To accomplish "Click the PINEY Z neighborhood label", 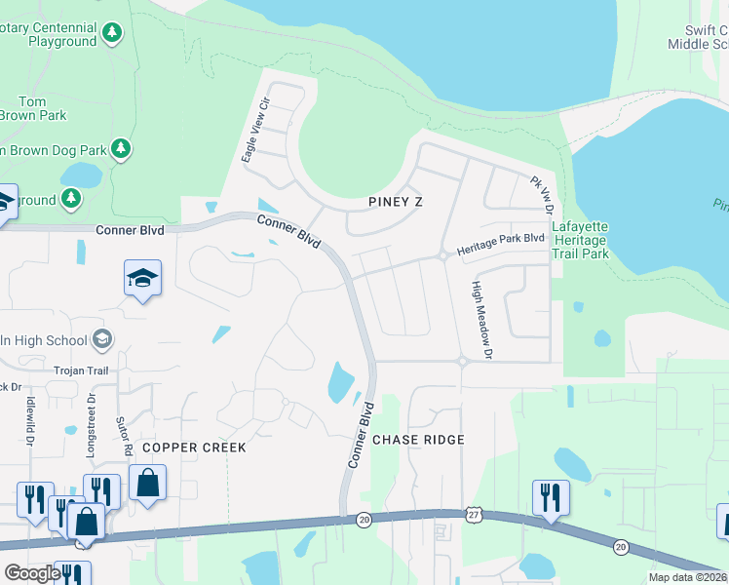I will (400, 202).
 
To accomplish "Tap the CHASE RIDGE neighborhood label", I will (418, 440).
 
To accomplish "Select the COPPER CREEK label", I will (194, 447).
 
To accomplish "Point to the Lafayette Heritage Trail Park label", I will (580, 240).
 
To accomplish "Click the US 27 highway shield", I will (474, 513).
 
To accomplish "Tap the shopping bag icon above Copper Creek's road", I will (147, 483).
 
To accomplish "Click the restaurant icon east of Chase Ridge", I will (551, 496).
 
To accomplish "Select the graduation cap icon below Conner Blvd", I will (142, 278).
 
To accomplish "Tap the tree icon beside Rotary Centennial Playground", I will (113, 33).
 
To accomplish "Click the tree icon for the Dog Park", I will (121, 149).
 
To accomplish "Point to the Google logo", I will (32, 573).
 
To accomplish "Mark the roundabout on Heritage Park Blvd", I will (442, 255).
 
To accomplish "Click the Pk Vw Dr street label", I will (541, 196).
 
